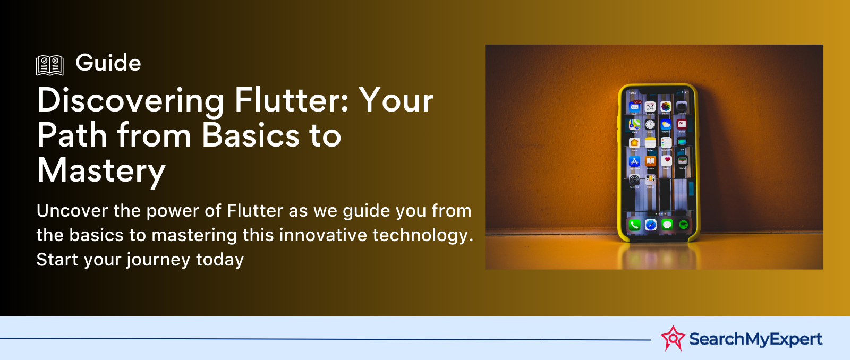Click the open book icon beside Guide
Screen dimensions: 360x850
tap(50, 65)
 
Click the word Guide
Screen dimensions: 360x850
tap(108, 63)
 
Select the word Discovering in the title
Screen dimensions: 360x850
tap(131, 100)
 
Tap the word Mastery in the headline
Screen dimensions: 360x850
tap(101, 171)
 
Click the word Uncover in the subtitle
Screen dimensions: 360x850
tap(72, 211)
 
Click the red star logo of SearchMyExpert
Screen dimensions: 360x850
tap(673, 338)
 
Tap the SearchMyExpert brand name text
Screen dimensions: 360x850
tap(755, 339)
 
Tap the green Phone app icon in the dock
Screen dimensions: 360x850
tap(634, 225)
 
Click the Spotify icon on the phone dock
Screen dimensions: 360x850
tap(684, 225)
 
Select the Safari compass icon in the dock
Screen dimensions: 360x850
tap(651, 225)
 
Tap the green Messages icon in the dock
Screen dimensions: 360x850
tap(667, 225)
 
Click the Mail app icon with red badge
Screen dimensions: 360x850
tap(634, 107)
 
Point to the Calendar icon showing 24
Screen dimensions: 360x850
tap(650, 107)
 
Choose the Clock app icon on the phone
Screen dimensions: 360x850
tap(650, 125)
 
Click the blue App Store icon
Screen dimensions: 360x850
tap(634, 161)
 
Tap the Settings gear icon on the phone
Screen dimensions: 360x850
tap(634, 179)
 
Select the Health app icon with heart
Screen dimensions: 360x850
tap(667, 160)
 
